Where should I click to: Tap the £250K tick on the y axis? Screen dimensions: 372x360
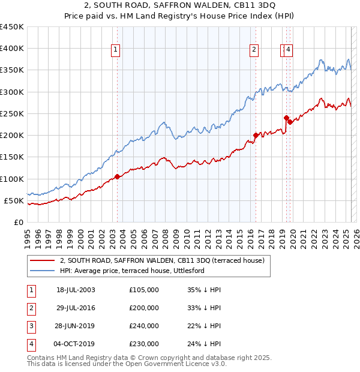tap(12, 113)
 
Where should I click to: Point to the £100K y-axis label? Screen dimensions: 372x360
tap(12, 179)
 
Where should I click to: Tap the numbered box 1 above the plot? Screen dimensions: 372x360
tap(115, 50)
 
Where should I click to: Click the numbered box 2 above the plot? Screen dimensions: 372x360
tap(254, 50)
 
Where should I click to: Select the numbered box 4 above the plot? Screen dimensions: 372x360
tap(289, 50)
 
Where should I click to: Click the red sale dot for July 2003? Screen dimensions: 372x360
tap(118, 176)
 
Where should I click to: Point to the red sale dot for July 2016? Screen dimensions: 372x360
tap(256, 135)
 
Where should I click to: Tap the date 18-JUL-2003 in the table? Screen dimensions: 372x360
tap(76, 290)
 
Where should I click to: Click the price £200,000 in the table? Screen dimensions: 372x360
tap(144, 308)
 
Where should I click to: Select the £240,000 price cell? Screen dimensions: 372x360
tap(144, 326)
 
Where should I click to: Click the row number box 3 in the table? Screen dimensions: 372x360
tap(30, 326)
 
